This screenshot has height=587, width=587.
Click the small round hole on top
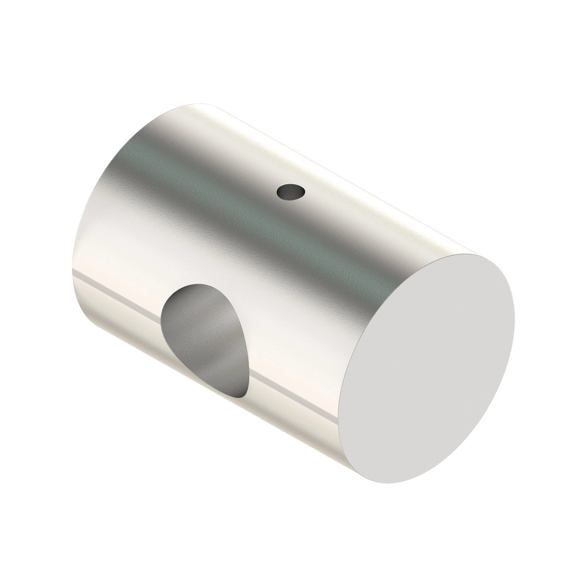point(291,192)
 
